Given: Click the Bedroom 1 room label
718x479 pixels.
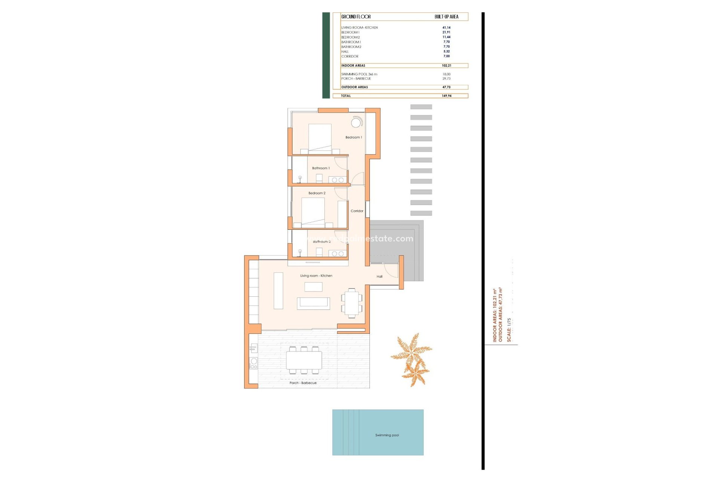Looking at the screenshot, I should (353, 137).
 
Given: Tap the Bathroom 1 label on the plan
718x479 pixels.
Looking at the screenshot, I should (321, 168).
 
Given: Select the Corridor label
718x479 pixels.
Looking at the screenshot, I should (357, 211).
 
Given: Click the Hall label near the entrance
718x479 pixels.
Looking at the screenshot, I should (380, 277).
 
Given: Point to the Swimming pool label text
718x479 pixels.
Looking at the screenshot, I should (387, 435).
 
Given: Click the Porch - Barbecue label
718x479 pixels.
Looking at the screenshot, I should (303, 383).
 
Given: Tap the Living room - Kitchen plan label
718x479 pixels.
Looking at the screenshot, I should (316, 276).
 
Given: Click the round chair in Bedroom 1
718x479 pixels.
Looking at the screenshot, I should (356, 122).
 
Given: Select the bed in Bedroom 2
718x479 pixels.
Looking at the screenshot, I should (313, 211).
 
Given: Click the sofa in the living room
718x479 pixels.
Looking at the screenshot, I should (313, 303).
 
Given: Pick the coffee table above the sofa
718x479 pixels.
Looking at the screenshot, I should (313, 287).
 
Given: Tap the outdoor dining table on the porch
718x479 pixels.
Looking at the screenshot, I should (304, 360).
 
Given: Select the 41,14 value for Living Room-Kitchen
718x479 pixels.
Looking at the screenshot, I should (446, 28).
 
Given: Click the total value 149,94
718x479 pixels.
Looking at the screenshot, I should (447, 96).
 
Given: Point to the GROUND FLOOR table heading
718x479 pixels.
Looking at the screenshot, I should (356, 17).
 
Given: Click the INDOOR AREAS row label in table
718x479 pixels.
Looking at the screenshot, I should (353, 65).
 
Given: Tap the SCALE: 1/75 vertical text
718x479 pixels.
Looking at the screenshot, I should (509, 330).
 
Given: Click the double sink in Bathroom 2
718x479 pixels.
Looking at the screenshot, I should (338, 254).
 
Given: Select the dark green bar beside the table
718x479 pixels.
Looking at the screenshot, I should (326, 55).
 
